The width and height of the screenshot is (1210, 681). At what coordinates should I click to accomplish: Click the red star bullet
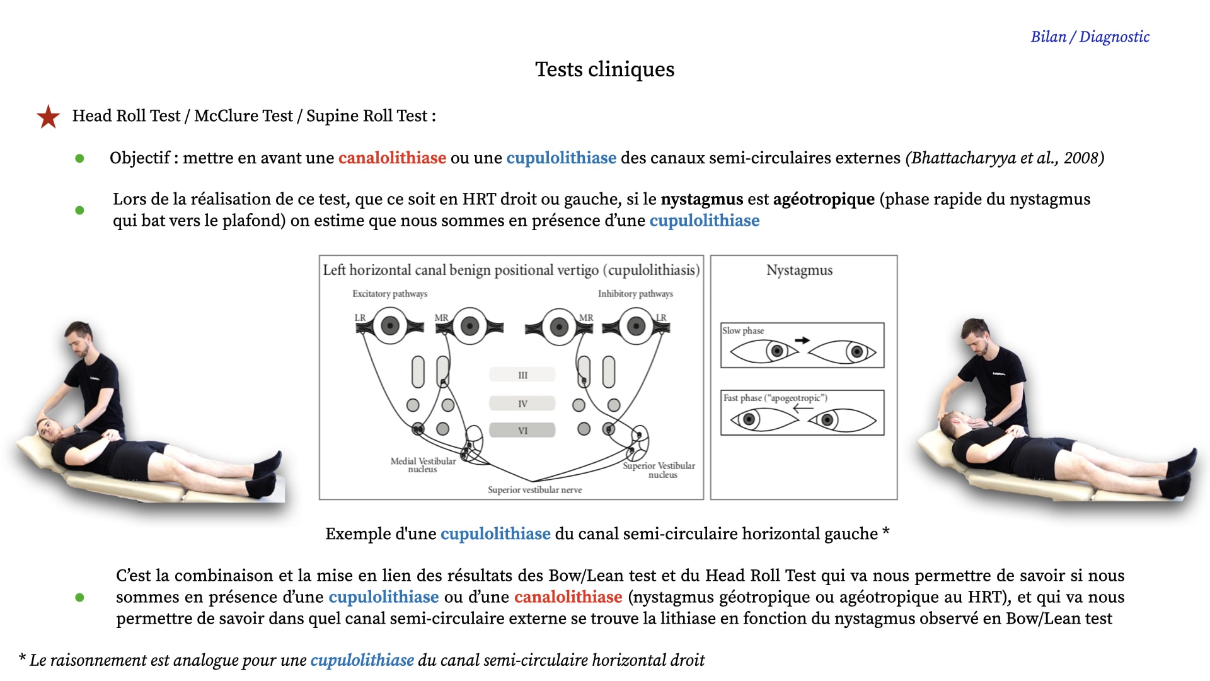click(x=49, y=117)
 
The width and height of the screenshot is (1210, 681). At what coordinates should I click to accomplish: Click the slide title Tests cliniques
click(x=604, y=69)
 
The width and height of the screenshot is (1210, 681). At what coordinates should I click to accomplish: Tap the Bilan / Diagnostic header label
click(x=1090, y=37)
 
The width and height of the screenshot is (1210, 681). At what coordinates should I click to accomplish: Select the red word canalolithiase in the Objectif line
click(x=392, y=158)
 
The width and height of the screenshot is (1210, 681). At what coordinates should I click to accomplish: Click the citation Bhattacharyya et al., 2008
click(x=1005, y=158)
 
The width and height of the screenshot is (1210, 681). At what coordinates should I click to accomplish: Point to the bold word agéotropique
click(x=824, y=199)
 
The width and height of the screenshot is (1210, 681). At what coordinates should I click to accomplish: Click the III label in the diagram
click(x=522, y=375)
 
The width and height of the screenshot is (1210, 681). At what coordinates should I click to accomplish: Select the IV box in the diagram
click(x=522, y=404)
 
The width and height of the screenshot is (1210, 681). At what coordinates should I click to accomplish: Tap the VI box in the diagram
click(x=522, y=431)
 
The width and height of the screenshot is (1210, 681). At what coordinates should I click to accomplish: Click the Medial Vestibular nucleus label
click(x=423, y=465)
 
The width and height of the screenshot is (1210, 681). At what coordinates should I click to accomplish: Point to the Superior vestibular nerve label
click(x=535, y=490)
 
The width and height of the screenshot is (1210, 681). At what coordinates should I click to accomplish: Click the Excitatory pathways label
click(x=389, y=294)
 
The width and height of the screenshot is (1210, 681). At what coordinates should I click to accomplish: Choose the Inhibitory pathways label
click(x=635, y=294)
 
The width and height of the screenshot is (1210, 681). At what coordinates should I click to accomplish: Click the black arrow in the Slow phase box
click(x=802, y=340)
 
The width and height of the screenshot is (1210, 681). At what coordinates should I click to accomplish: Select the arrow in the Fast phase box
click(x=804, y=408)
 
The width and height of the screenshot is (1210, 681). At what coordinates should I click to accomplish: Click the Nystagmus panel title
click(x=800, y=271)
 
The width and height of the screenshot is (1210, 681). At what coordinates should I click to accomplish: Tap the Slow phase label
click(x=743, y=330)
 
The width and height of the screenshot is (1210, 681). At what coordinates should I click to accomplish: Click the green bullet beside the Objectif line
click(x=79, y=158)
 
